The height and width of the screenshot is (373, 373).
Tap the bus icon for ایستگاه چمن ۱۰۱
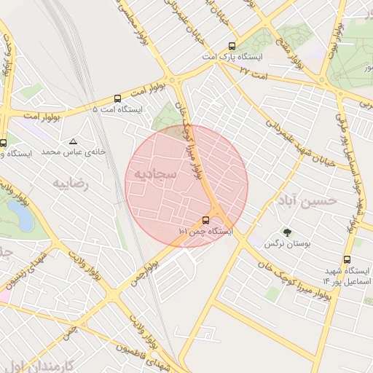tap(206, 220)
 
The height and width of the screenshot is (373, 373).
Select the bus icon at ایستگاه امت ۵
tap(117, 98)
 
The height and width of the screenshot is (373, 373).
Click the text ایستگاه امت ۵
tap(117, 109)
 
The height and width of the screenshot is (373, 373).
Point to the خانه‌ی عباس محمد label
tap(73, 152)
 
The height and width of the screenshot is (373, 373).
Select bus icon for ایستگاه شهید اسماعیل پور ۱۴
tap(347, 259)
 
